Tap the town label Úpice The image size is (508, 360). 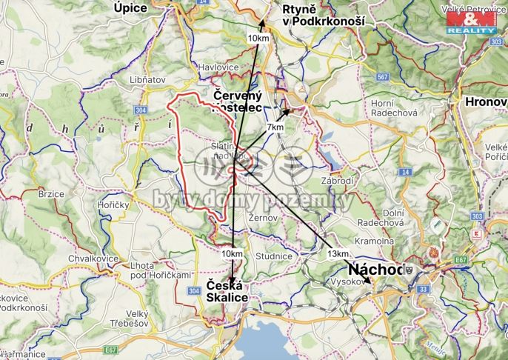pos(131,7)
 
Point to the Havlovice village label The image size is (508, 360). pos(219,67)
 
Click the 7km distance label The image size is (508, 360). pos(275,127)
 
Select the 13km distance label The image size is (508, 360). pos(337,253)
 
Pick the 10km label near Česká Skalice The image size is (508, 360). pos(232,253)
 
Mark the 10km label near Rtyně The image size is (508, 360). pos(258,38)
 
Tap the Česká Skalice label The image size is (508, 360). pos(227,291)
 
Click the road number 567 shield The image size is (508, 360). pos(382,77)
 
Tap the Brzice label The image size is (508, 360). pos(51,194)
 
